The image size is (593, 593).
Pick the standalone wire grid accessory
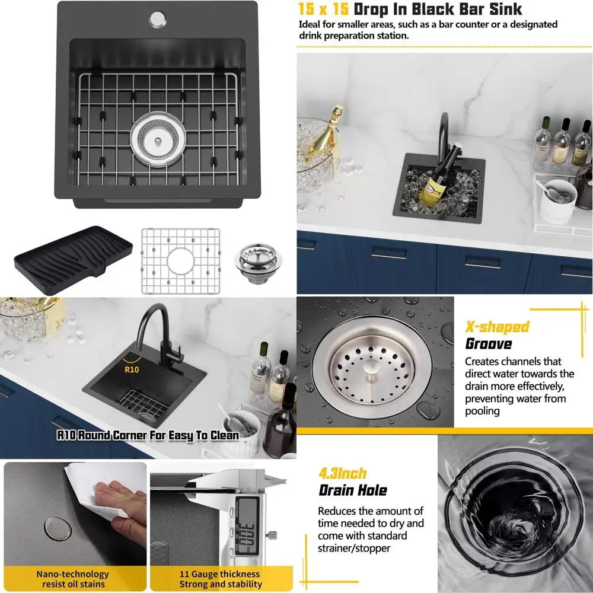(x=180, y=261)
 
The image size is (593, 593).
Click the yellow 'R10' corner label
(x=132, y=368)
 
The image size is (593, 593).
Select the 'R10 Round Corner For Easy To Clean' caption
(x=148, y=435)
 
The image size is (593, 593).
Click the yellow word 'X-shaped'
(x=497, y=327)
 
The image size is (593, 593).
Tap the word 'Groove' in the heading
(x=488, y=344)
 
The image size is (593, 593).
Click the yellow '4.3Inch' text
(x=343, y=473)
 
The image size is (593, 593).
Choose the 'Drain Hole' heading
(x=352, y=490)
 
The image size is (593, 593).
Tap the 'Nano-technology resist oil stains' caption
(x=72, y=579)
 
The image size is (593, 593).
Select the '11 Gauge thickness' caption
(x=219, y=574)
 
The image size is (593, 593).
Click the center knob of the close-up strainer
(x=371, y=368)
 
